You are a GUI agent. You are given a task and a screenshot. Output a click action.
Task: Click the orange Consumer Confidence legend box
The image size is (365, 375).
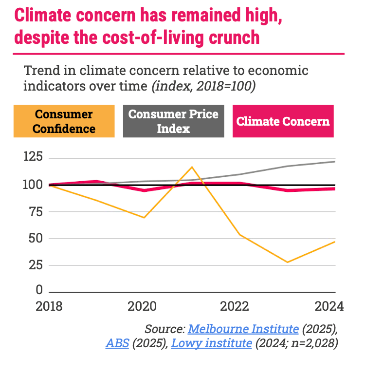tap(64, 121)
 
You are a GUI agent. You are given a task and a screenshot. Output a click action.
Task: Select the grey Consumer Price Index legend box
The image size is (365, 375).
tap(174, 122)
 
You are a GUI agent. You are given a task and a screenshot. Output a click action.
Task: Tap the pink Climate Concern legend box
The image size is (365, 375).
tap(283, 122)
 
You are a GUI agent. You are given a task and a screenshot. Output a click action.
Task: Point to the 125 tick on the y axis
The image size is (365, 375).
tap(33, 157)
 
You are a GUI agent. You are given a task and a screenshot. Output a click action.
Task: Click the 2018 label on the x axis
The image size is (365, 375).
tap(49, 307)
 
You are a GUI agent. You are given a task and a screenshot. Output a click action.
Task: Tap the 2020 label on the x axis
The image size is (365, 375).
tap(142, 307)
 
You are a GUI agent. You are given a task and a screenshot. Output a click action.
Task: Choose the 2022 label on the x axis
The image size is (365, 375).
tap(235, 307)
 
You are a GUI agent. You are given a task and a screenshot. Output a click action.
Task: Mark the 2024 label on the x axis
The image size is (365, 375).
tap(328, 307)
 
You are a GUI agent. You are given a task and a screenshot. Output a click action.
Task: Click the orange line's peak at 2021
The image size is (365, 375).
tap(192, 167)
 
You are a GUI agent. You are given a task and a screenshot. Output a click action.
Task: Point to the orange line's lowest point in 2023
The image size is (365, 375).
tap(288, 262)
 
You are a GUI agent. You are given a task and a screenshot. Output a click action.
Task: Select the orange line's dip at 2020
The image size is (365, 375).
tap(144, 217)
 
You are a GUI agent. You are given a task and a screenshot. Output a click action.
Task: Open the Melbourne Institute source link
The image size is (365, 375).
tap(243, 329)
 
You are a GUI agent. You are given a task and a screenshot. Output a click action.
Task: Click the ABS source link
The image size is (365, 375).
tap(117, 343)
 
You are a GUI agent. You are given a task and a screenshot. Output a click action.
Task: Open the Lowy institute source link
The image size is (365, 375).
tap(211, 343)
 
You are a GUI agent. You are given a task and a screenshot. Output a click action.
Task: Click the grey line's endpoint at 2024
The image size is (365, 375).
tap(335, 161)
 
